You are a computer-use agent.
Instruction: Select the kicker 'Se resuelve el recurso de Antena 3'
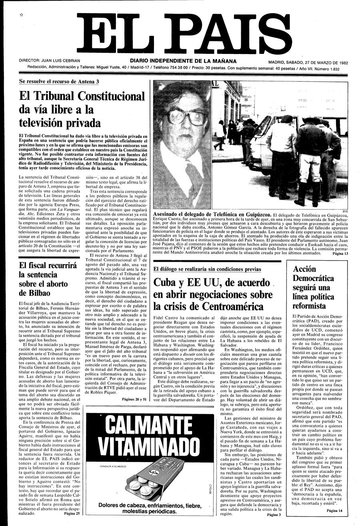point(59,81)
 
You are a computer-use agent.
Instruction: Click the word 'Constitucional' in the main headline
point(111,96)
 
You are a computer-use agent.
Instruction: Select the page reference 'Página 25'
point(72,514)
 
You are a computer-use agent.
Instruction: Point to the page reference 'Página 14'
point(334,510)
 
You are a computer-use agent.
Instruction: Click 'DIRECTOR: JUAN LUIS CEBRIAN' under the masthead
point(49,61)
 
